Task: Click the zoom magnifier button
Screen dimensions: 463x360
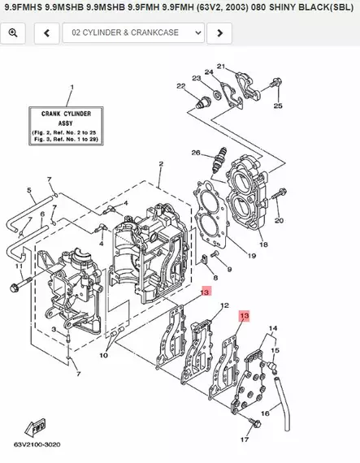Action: (x=14, y=33)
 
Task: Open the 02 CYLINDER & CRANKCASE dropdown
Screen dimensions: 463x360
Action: (x=133, y=33)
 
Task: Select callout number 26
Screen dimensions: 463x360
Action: (x=196, y=153)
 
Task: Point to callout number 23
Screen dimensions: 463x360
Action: (x=196, y=79)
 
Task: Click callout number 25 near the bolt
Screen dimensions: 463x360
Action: (x=278, y=106)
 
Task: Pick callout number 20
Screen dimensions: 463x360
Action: (x=280, y=220)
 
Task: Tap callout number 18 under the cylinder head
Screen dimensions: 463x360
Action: (x=262, y=244)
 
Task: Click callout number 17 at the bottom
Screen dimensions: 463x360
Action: (x=243, y=440)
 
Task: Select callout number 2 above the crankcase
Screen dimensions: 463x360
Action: (x=161, y=164)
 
